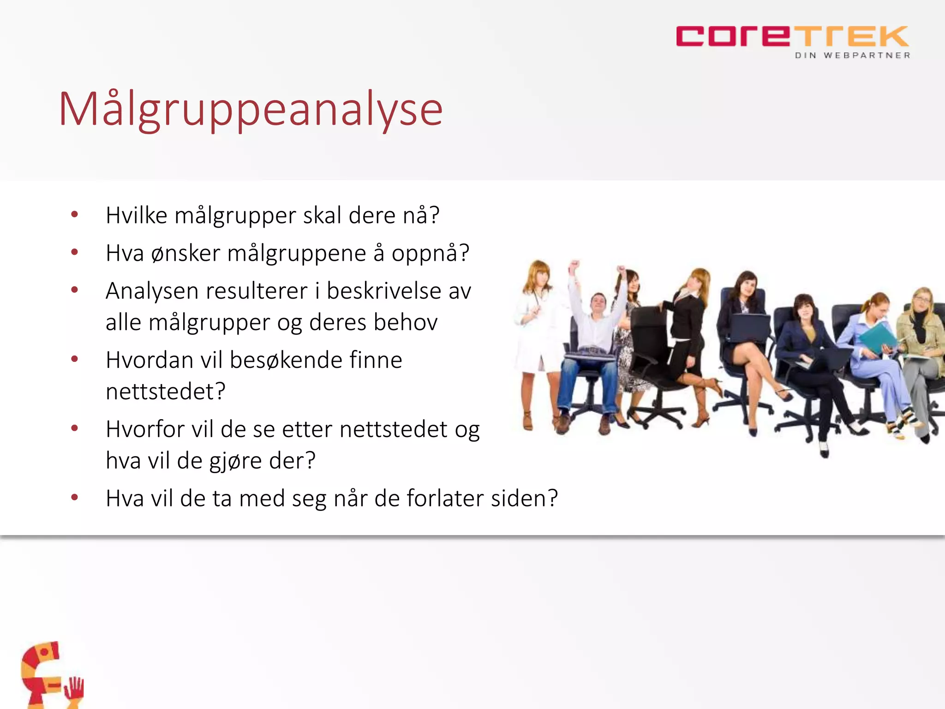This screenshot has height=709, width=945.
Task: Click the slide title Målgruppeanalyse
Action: pos(251,109)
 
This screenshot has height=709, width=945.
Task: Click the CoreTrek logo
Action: pos(792,37)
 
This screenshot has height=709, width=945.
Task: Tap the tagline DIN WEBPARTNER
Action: pos(852,55)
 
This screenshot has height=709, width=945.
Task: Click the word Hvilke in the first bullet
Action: pos(136,216)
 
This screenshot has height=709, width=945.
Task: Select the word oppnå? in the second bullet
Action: pos(430,253)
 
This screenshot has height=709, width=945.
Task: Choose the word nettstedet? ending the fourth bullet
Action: pos(165,391)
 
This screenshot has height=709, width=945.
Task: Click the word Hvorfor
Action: pos(145,429)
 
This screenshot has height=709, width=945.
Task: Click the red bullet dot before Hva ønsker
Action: pos(74,252)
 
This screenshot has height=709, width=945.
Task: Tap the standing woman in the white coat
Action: pos(535,332)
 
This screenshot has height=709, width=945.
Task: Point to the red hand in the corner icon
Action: pos(74,690)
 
